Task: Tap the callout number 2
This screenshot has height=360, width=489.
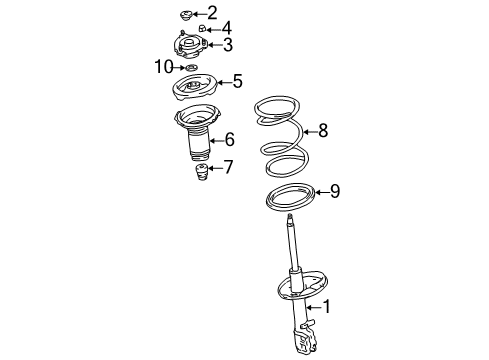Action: (x=211, y=12)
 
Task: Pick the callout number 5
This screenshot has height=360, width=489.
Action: (x=237, y=81)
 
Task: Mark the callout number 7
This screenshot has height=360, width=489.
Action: (x=228, y=167)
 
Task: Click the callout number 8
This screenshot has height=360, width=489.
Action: (x=322, y=129)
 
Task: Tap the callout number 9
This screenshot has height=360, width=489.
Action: (x=335, y=191)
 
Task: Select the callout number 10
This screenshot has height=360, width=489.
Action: (x=163, y=67)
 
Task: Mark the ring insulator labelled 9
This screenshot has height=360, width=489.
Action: (x=289, y=199)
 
